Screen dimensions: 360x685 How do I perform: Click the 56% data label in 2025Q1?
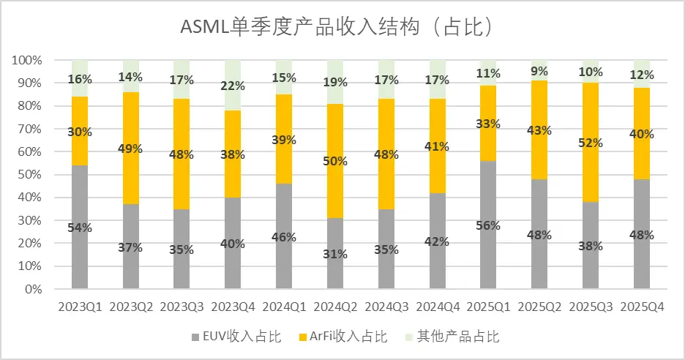point(489,225)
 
